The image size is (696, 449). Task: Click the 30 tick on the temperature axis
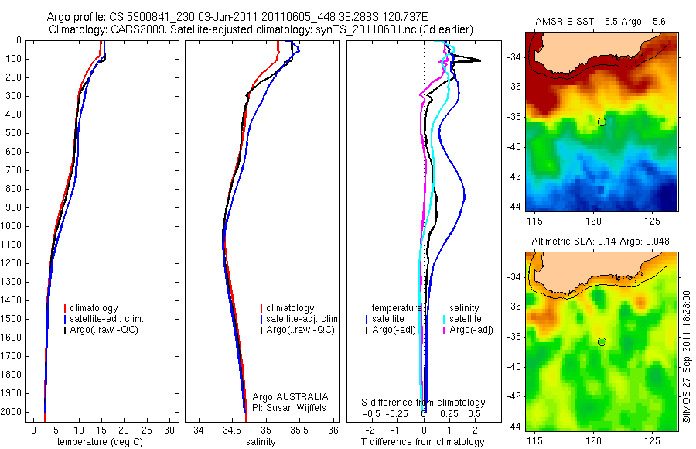click(x=169, y=430)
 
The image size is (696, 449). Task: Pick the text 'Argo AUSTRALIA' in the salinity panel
click(x=285, y=397)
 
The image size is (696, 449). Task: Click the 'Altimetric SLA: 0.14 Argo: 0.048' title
click(x=599, y=242)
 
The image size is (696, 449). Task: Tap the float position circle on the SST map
click(x=602, y=122)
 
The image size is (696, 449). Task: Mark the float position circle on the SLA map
click(x=602, y=341)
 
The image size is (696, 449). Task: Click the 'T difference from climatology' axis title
click(x=422, y=442)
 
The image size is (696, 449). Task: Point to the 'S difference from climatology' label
click(x=424, y=403)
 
